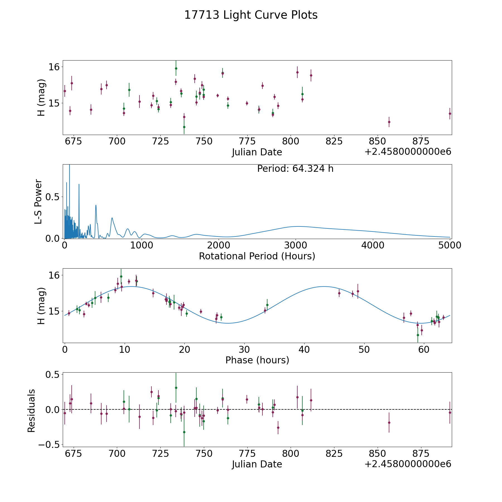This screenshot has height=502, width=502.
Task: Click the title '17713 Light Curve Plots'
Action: (251, 15)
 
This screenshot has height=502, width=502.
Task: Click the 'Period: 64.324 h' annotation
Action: (295, 169)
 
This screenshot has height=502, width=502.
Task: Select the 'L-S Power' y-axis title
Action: (38, 201)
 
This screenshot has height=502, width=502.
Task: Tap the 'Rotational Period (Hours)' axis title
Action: (257, 256)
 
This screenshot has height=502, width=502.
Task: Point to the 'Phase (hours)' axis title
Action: (257, 360)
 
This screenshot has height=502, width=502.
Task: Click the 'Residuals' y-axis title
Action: (32, 411)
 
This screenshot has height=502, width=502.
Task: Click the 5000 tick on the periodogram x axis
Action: (450, 245)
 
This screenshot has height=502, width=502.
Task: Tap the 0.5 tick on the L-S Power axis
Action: (53, 197)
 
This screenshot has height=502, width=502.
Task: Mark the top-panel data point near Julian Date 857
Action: (389, 122)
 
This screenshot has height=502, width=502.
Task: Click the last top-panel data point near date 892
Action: (450, 114)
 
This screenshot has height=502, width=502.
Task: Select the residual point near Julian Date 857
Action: (389, 423)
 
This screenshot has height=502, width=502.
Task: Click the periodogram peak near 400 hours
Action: (96, 205)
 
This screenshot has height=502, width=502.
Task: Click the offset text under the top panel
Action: (408, 152)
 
